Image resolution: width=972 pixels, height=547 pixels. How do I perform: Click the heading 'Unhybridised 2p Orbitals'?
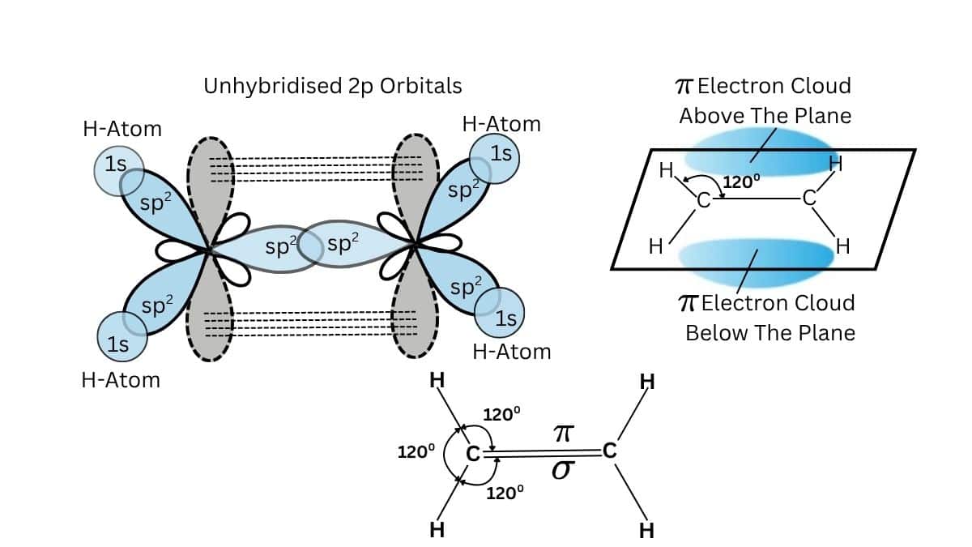(x=332, y=85)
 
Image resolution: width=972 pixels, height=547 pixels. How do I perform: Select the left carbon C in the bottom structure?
(x=473, y=454)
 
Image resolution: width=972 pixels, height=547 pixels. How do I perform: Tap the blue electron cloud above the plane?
(x=757, y=154)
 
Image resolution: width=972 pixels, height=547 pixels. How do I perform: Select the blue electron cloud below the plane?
(x=757, y=258)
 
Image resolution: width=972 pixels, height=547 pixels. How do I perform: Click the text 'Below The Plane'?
(x=770, y=333)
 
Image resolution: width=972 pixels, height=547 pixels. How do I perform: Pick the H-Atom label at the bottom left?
(x=121, y=380)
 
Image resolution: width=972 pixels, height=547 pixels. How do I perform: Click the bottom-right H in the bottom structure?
(x=646, y=531)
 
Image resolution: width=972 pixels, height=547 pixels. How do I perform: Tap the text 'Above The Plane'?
(x=765, y=116)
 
